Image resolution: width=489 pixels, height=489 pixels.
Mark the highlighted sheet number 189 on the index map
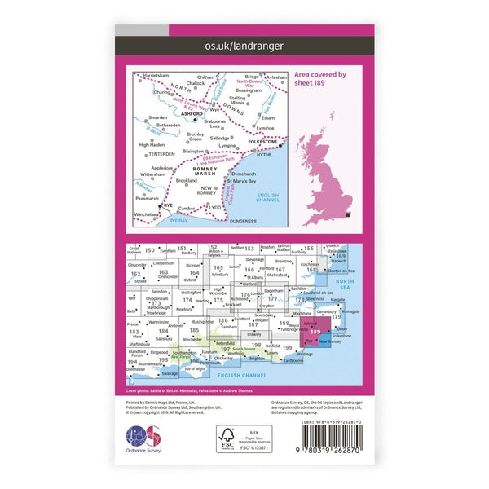pos(315,332)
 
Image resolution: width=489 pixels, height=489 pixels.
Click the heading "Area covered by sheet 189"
pos(319,78)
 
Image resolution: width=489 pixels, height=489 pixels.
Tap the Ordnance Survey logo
pos(139,444)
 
